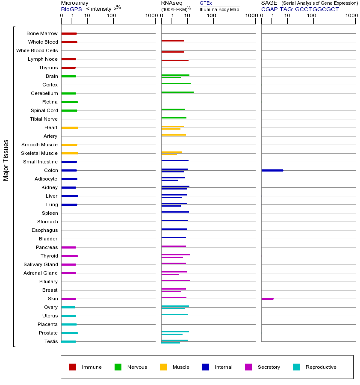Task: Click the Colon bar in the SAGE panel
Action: [x=272, y=170]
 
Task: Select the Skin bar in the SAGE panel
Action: [x=267, y=299]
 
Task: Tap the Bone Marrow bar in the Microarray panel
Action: [x=69, y=33]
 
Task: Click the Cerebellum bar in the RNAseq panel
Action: [x=177, y=92]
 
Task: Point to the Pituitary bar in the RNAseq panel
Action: [x=175, y=280]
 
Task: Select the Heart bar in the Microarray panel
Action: [x=69, y=127]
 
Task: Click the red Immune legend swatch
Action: [x=73, y=367]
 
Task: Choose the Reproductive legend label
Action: [x=321, y=367]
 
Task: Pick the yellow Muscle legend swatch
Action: [x=163, y=367]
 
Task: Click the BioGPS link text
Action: [x=70, y=9]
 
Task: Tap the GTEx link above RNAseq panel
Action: [x=206, y=3]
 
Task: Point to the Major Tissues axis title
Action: [x=6, y=160]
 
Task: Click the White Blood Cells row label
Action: [x=37, y=50]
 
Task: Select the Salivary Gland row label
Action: [x=41, y=264]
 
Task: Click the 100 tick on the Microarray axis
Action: [x=112, y=16]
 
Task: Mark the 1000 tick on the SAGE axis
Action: [x=351, y=16]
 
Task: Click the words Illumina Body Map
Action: [x=219, y=9]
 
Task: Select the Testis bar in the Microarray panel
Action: [x=68, y=341]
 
